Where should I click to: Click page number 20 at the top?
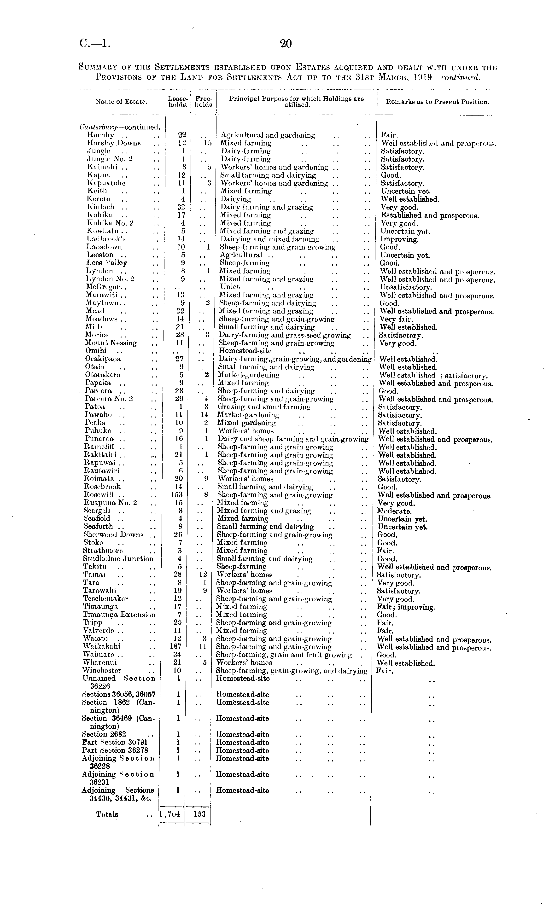click(x=286, y=44)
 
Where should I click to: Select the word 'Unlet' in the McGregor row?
click(x=230, y=287)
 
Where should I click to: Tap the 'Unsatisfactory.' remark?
click(x=406, y=287)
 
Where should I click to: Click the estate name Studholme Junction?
click(x=118, y=558)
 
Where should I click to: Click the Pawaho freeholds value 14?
click(x=204, y=415)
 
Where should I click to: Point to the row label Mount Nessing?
click(x=111, y=343)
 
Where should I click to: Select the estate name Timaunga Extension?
click(x=119, y=614)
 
